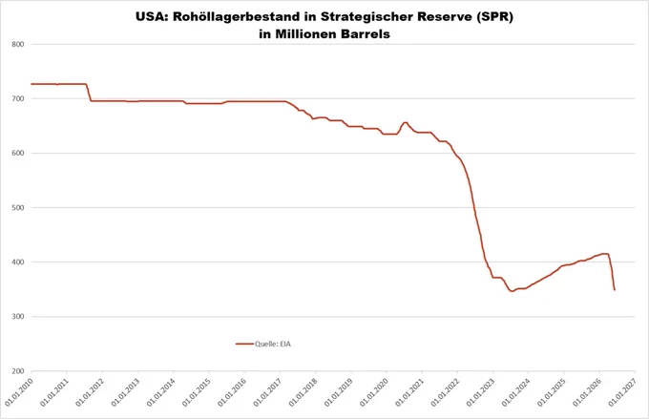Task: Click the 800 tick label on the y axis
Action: (x=18, y=44)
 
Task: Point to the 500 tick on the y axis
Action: (x=18, y=207)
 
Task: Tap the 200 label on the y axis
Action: (x=18, y=371)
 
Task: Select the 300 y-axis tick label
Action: (x=18, y=316)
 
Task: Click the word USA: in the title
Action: (x=152, y=17)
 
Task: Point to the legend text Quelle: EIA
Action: (x=273, y=344)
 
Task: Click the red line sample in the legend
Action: (x=244, y=344)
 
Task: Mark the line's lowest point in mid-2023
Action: (x=512, y=291)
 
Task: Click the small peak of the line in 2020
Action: (x=406, y=122)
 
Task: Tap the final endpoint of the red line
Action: (x=615, y=290)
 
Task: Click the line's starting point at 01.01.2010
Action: (x=31, y=84)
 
